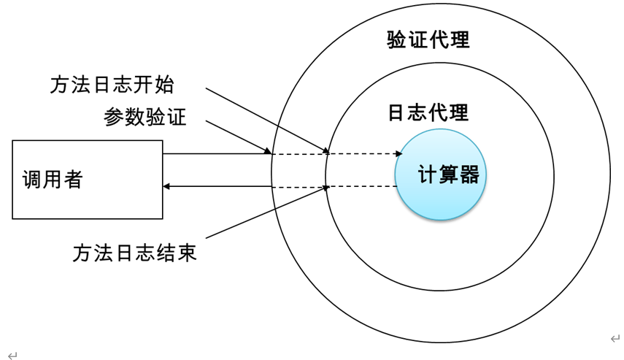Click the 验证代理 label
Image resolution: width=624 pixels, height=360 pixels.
coord(428,39)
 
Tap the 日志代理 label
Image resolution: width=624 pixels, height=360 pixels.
coord(428,112)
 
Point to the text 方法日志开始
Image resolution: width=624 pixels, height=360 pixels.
coord(112,85)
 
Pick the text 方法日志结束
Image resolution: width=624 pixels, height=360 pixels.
coord(134,253)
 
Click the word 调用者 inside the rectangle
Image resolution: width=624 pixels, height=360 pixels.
coord(53,179)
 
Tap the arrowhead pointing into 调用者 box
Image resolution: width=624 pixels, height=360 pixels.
coord(166,187)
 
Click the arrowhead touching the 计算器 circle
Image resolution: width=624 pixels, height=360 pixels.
coord(398,154)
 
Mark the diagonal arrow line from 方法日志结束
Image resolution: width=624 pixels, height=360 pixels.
coord(266,212)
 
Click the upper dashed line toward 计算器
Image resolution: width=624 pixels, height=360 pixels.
coord(365,154)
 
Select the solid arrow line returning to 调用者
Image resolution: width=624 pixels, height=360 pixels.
coord(219,187)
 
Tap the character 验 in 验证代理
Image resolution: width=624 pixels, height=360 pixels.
coord(397,39)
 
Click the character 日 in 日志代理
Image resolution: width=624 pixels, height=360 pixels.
coord(397,112)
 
